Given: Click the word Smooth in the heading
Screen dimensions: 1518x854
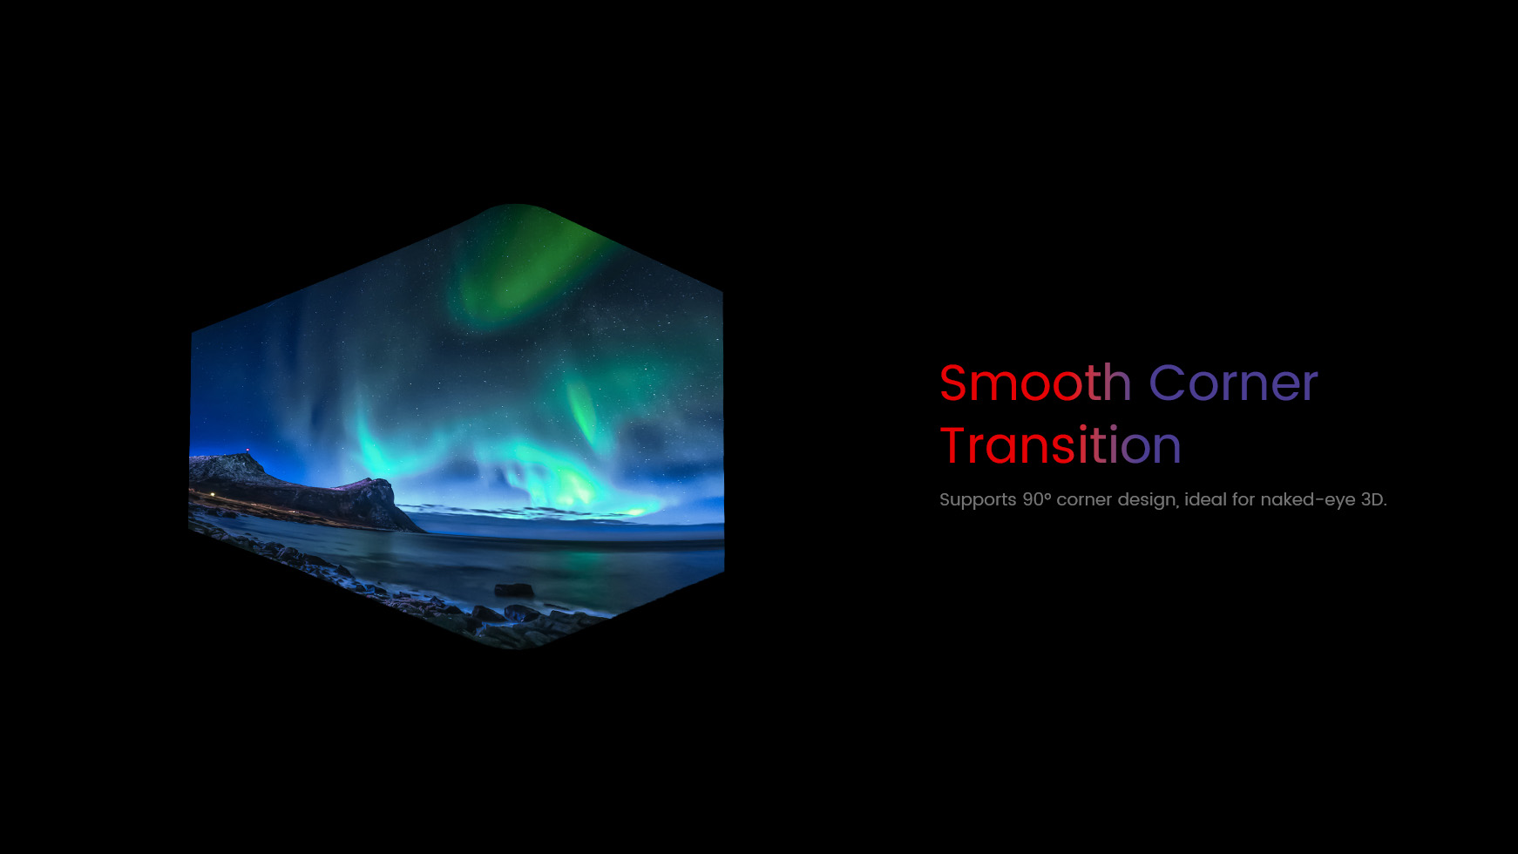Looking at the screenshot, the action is (1035, 383).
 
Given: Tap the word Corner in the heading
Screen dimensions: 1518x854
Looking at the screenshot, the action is (1233, 383).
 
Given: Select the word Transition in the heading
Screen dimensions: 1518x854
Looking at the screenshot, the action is (1061, 444).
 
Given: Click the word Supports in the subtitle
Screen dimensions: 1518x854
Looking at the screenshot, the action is (978, 500).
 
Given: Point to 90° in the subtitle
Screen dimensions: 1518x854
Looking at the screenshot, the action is (1036, 499).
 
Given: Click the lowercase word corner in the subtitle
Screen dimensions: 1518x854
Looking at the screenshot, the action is (1084, 500).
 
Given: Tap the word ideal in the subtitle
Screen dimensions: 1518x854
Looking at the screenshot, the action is (1205, 499).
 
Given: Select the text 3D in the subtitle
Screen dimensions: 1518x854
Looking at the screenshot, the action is (1372, 499).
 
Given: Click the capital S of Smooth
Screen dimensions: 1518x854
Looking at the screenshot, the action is (952, 383).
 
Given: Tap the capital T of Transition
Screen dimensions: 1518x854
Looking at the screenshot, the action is (952, 444).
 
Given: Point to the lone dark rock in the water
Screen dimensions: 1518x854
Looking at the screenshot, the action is (514, 589).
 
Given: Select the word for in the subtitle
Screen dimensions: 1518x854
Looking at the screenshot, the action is (1244, 499).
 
